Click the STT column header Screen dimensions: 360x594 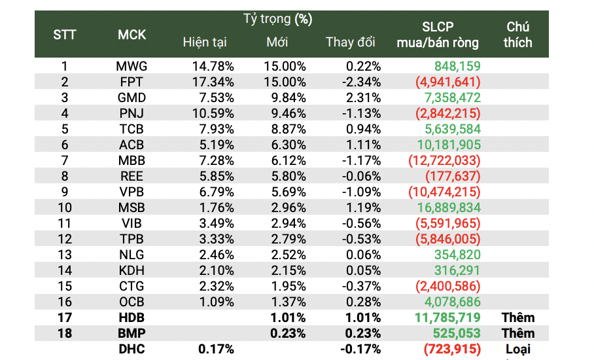pyautogui.click(x=64, y=35)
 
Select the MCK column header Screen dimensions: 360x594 pyautogui.click(x=131, y=35)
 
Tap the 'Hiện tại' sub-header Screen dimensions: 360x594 pyautogui.click(x=204, y=43)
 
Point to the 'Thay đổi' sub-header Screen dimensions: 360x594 pyautogui.click(x=351, y=43)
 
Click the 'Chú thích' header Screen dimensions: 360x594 pyautogui.click(x=518, y=35)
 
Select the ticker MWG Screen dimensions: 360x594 pyautogui.click(x=131, y=66)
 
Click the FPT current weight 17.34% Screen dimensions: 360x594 pyautogui.click(x=213, y=82)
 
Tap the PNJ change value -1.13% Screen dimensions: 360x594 pyautogui.click(x=362, y=113)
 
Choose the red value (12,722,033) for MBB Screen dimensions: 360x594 pyautogui.click(x=444, y=160)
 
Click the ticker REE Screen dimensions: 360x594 pyautogui.click(x=131, y=176)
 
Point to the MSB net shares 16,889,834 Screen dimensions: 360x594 pyautogui.click(x=448, y=207)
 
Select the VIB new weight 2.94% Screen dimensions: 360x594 pyautogui.click(x=285, y=223)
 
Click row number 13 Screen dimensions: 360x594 pyautogui.click(x=64, y=255)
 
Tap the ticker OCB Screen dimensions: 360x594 pyautogui.click(x=131, y=302)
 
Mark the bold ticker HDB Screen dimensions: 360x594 pyautogui.click(x=131, y=317)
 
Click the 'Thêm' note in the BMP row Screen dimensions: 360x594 pyautogui.click(x=518, y=333)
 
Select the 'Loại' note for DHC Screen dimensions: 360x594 pyautogui.click(x=518, y=350)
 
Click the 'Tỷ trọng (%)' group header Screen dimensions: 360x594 pyautogui.click(x=277, y=19)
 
